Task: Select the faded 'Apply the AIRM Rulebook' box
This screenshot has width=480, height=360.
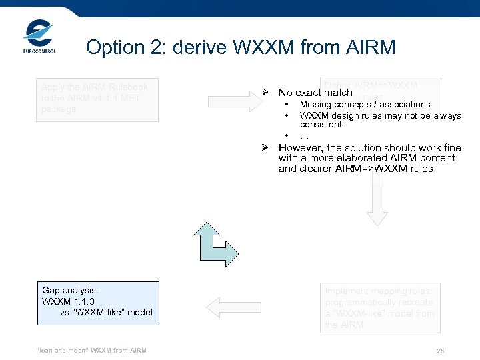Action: pos(97,100)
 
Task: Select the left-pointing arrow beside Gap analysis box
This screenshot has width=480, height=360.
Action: pos(224,305)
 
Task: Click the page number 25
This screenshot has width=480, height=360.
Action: pos(440,351)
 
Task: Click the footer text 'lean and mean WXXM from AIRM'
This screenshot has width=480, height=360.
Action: pos(93,351)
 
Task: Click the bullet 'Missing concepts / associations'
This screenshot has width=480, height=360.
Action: pos(365,105)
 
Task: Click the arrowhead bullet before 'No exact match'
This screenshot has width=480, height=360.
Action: pos(265,93)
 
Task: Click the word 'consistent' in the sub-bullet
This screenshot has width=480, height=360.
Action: pos(321,125)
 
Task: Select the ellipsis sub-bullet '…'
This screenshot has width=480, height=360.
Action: pos(304,136)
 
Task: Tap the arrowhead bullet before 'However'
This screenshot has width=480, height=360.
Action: pos(265,148)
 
